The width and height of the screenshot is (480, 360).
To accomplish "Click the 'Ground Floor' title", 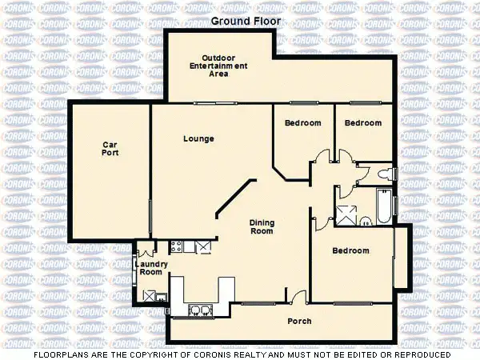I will click(240, 22).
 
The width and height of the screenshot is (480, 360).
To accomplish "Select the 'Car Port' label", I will click(110, 149).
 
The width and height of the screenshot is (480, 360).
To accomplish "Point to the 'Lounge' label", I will click(198, 138).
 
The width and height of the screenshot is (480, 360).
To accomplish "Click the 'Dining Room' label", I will click(262, 227).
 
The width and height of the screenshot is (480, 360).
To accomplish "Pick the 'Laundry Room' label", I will click(150, 268).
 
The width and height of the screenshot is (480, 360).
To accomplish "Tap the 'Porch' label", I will click(300, 322).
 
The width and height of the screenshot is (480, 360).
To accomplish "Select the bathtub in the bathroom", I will click(383, 206).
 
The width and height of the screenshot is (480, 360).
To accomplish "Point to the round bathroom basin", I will click(364, 222).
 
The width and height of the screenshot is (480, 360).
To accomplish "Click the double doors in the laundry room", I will click(150, 247).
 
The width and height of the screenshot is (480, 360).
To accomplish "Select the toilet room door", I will click(344, 190).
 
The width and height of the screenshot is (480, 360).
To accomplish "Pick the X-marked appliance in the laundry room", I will click(149, 295).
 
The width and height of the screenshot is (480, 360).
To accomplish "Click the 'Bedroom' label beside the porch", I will click(350, 250).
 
